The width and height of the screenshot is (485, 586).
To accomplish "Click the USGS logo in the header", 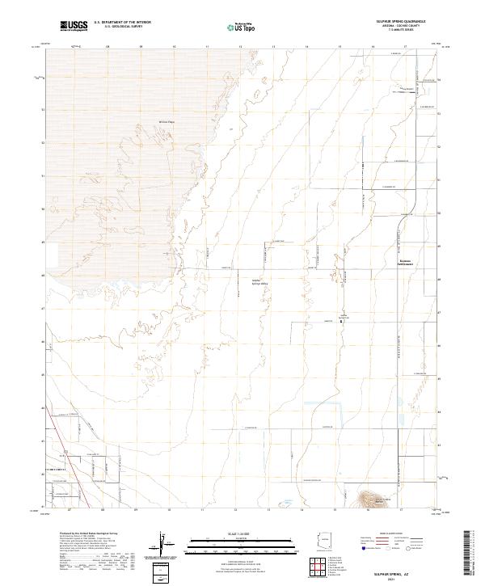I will pos(74,26).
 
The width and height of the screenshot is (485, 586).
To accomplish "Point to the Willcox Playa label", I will pos(167,123).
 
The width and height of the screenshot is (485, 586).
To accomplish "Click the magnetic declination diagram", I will pos(165,543).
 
